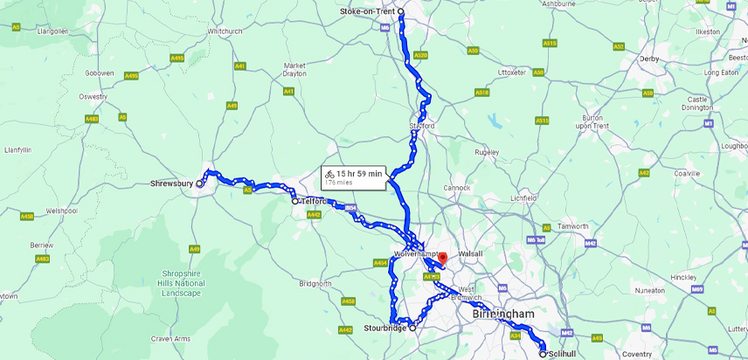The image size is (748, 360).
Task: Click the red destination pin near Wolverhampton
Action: pyautogui.click(x=442, y=259)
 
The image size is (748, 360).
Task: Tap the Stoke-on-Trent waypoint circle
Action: pyautogui.click(x=400, y=11)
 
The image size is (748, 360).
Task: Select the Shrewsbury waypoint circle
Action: pyautogui.click(x=199, y=183)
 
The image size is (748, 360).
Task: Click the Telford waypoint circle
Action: pyautogui.click(x=295, y=201)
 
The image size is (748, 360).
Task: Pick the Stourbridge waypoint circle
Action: pyautogui.click(x=412, y=329)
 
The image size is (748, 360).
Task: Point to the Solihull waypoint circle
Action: pyautogui.click(x=543, y=354)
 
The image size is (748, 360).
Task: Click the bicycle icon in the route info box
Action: pyautogui.click(x=329, y=174)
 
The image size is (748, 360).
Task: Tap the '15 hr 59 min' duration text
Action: pyautogui.click(x=359, y=174)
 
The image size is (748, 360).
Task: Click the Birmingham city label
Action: pyautogui.click(x=503, y=314)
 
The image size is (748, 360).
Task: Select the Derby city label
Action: pyautogui.click(x=648, y=59)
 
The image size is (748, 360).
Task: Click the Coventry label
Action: pyautogui.click(x=637, y=354)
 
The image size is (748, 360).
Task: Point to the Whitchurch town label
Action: pyautogui.click(x=225, y=31)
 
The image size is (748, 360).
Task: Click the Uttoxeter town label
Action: pyautogui.click(x=510, y=73)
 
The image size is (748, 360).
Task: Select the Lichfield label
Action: pyautogui.click(x=523, y=198)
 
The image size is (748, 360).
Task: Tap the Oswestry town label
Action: pyautogui.click(x=93, y=96)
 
